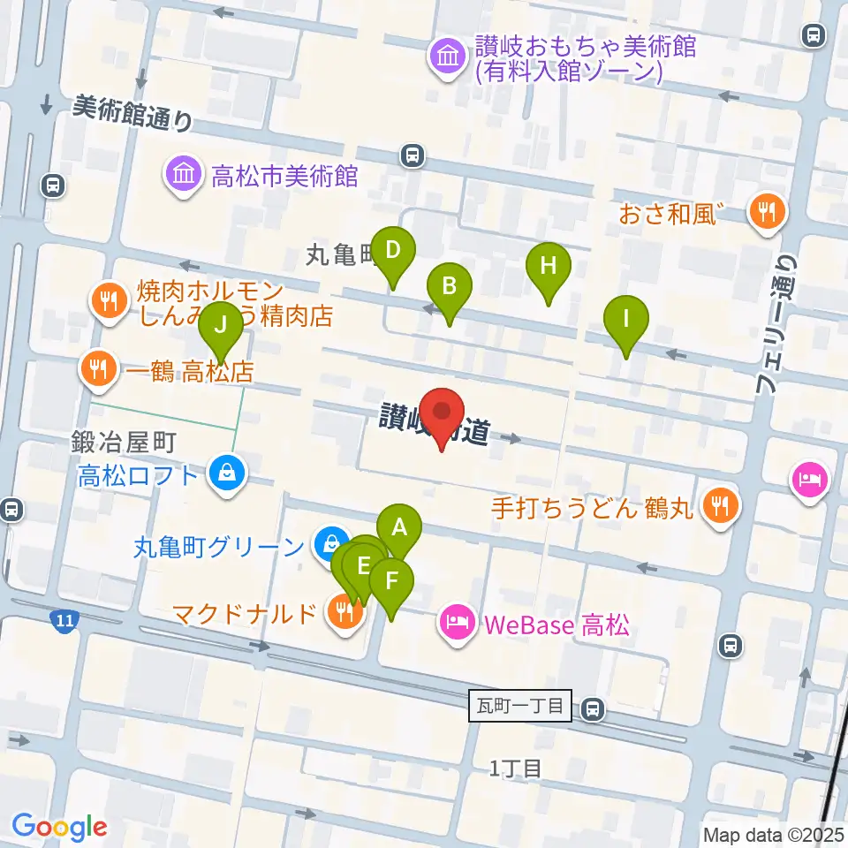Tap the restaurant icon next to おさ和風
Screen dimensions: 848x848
point(766,213)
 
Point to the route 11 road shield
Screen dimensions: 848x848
point(63,622)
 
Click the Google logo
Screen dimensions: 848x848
point(59,827)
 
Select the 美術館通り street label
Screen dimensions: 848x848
point(132,113)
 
